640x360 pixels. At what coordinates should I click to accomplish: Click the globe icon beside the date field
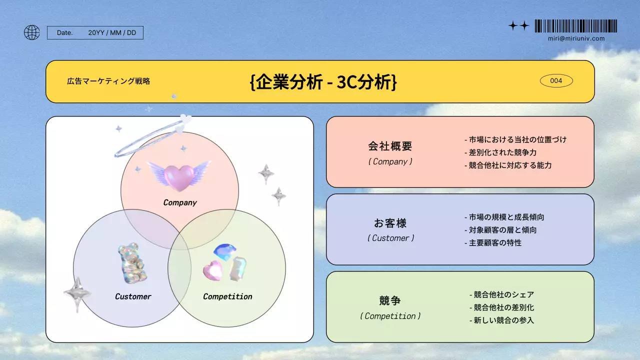click(31, 32)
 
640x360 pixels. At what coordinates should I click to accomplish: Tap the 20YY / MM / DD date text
click(112, 32)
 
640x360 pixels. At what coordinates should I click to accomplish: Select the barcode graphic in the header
click(575, 26)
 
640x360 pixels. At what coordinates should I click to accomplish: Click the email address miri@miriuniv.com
click(576, 38)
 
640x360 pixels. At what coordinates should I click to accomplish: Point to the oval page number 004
click(556, 80)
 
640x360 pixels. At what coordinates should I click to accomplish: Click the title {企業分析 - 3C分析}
click(323, 82)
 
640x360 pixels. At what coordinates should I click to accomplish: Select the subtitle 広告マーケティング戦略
click(108, 81)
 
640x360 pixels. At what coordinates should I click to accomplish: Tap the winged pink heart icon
click(178, 176)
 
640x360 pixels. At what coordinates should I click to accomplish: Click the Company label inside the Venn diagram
click(180, 202)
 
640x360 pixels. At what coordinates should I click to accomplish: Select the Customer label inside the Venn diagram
click(133, 296)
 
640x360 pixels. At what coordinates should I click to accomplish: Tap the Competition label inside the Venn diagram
click(227, 296)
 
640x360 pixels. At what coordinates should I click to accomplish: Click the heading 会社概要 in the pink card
click(390, 146)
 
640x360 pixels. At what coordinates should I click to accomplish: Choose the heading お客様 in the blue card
click(390, 223)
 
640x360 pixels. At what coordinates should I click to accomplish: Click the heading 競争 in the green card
click(390, 301)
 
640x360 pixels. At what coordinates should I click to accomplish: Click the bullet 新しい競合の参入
click(501, 320)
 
